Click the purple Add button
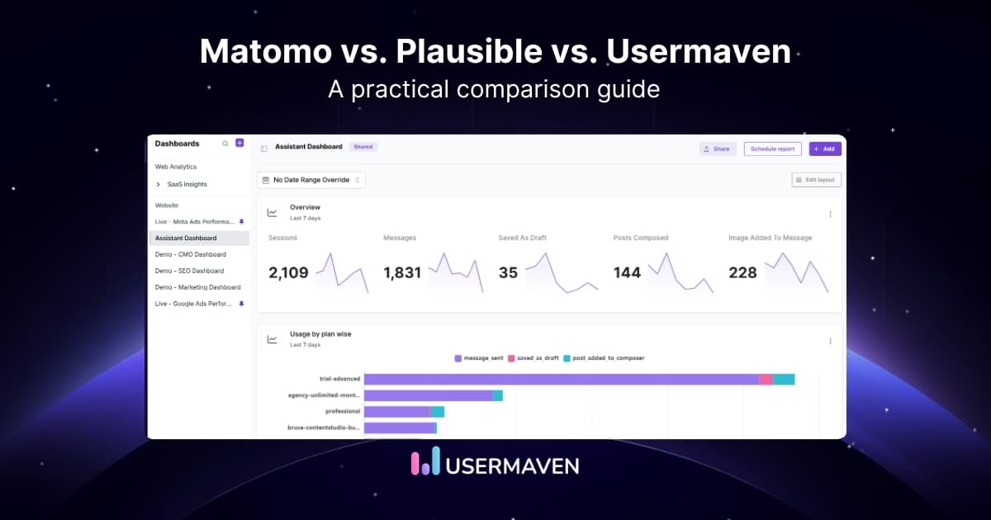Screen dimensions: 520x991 click(x=824, y=149)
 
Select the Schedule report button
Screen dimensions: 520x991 click(x=772, y=149)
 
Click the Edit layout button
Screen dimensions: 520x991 click(x=816, y=180)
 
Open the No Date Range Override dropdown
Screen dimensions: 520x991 click(x=311, y=180)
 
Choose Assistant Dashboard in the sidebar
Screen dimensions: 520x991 click(x=186, y=238)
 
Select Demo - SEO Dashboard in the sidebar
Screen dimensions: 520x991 click(x=189, y=271)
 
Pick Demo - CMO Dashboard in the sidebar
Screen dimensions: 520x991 click(x=190, y=254)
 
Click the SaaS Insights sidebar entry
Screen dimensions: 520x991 click(x=187, y=184)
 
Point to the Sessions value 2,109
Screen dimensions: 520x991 click(x=288, y=272)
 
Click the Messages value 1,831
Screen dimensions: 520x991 click(x=402, y=272)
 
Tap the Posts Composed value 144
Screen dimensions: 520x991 click(x=627, y=272)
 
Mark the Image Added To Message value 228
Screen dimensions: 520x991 click(x=742, y=272)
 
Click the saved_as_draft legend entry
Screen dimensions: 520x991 click(x=536, y=358)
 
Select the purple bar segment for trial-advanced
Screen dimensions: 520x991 click(x=561, y=379)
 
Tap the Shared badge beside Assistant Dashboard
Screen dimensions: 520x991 click(x=363, y=147)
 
